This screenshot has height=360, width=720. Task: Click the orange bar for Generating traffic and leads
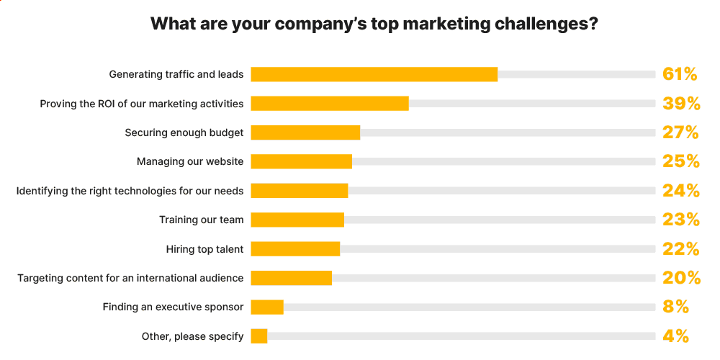[x=374, y=74]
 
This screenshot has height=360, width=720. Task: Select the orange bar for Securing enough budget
[x=305, y=132]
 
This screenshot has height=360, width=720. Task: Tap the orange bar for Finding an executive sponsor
[x=267, y=307]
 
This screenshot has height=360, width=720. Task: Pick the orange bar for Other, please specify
[x=259, y=336]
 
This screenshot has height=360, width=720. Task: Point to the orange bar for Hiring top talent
[x=295, y=249]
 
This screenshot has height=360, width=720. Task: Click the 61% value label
[x=680, y=74]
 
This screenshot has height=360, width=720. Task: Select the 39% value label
[x=681, y=104]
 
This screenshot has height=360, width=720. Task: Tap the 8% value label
[x=676, y=307]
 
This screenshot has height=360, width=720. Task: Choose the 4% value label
[x=676, y=336]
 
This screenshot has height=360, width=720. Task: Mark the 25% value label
[x=681, y=161]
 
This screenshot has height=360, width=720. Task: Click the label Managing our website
[x=190, y=161]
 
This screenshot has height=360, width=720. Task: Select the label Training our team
[x=201, y=220]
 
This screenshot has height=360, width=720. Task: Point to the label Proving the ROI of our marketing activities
[x=142, y=104]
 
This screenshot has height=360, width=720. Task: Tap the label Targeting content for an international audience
[x=130, y=278]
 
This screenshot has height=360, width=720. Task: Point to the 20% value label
[x=681, y=278]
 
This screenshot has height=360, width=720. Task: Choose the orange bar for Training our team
[x=297, y=220]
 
